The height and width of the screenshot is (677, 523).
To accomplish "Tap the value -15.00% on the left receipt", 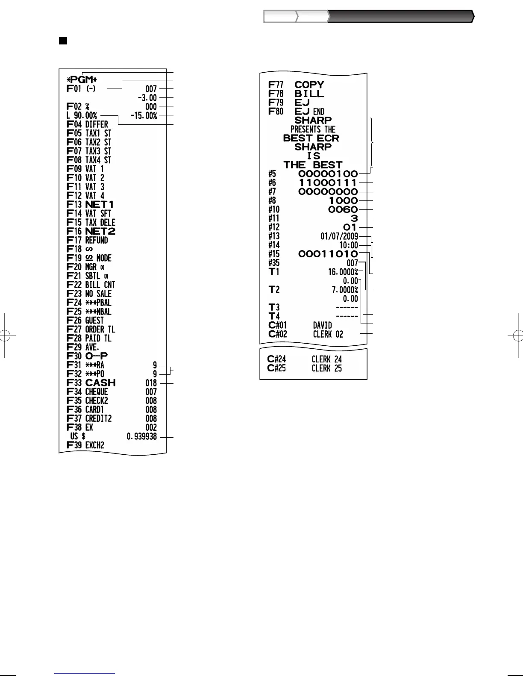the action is point(144,116).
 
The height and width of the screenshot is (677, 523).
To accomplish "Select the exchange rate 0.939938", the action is point(142,437).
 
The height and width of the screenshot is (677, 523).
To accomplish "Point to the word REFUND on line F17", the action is point(97,240).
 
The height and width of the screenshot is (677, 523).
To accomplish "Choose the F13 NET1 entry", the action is point(91,205).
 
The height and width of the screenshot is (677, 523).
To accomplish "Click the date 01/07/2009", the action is point(339,236).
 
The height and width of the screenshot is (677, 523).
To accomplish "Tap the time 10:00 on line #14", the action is point(348,245).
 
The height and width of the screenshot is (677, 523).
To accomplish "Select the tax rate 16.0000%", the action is point(343,272).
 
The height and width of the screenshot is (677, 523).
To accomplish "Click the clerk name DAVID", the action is point(322,326).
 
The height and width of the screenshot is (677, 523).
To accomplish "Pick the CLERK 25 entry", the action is point(326,368).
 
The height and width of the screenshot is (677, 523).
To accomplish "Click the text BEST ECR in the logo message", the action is point(311,138).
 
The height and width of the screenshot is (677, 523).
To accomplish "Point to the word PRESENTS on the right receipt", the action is point(306,129).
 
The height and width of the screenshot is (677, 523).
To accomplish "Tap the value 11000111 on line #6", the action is point(328,183).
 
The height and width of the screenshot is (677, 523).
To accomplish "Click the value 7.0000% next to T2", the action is point(345,290).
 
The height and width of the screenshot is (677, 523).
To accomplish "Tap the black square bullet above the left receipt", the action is point(63,41).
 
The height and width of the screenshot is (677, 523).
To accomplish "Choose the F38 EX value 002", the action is point(151,427).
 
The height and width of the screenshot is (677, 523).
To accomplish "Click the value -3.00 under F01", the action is point(147,98).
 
